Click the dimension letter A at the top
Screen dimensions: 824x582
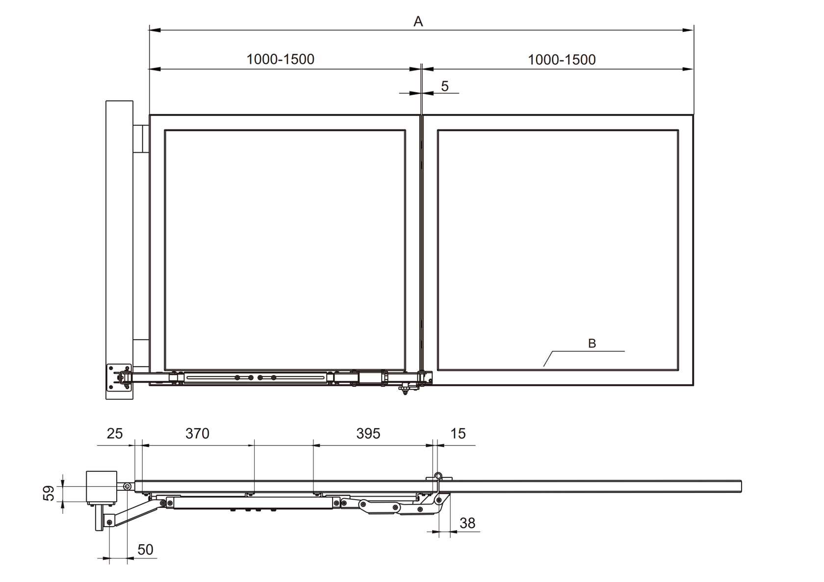418,22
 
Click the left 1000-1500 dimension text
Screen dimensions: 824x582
281,59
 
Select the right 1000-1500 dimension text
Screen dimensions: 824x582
562,59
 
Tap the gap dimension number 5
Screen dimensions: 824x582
445,86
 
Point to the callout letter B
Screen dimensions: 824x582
592,343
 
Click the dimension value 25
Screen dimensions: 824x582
114,434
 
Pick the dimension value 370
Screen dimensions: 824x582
197,434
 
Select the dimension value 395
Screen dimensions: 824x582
368,434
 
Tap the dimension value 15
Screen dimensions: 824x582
458,434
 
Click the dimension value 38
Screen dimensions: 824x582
467,523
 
